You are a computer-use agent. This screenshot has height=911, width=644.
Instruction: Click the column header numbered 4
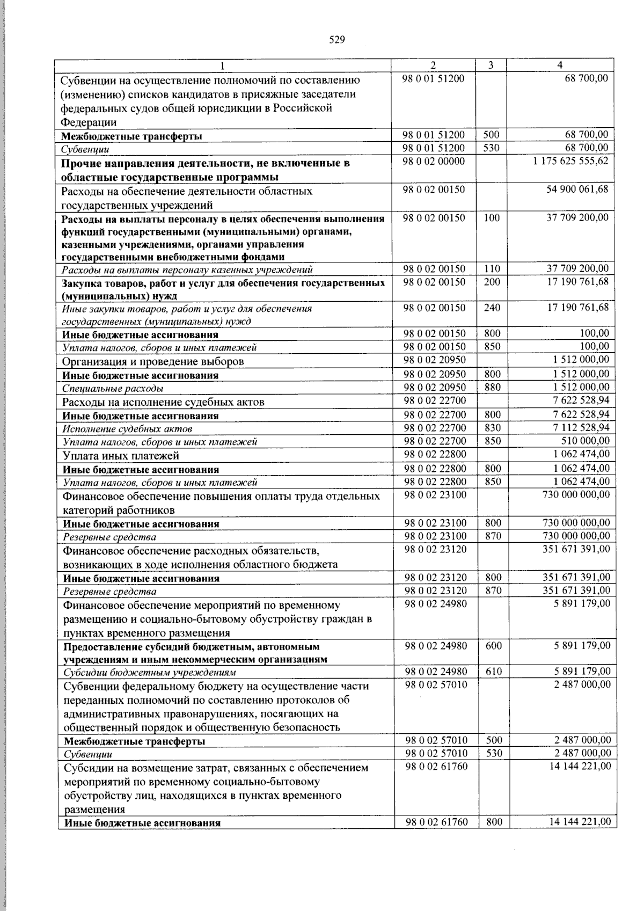560,65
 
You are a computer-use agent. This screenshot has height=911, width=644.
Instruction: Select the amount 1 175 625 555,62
571,161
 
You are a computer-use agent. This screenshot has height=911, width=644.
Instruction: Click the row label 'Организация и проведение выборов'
153,361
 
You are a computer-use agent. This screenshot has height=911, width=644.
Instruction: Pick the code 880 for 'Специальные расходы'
492,387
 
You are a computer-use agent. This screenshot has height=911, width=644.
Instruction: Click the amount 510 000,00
589,441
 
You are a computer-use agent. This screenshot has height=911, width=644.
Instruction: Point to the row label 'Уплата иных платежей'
121,456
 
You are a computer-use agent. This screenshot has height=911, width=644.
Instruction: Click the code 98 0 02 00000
434,161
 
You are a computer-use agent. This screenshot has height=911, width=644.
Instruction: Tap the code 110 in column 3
492,269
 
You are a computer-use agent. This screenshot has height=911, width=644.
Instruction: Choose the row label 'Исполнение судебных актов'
127,429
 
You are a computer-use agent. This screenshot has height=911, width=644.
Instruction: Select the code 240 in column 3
492,308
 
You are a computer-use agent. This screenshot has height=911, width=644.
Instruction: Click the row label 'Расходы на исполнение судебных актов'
163,402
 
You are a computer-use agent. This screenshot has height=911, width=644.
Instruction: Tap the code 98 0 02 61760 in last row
436,822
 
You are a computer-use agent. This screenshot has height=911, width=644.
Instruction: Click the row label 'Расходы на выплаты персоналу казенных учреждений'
187,269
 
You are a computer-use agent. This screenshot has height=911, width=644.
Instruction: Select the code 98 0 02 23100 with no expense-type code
435,494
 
